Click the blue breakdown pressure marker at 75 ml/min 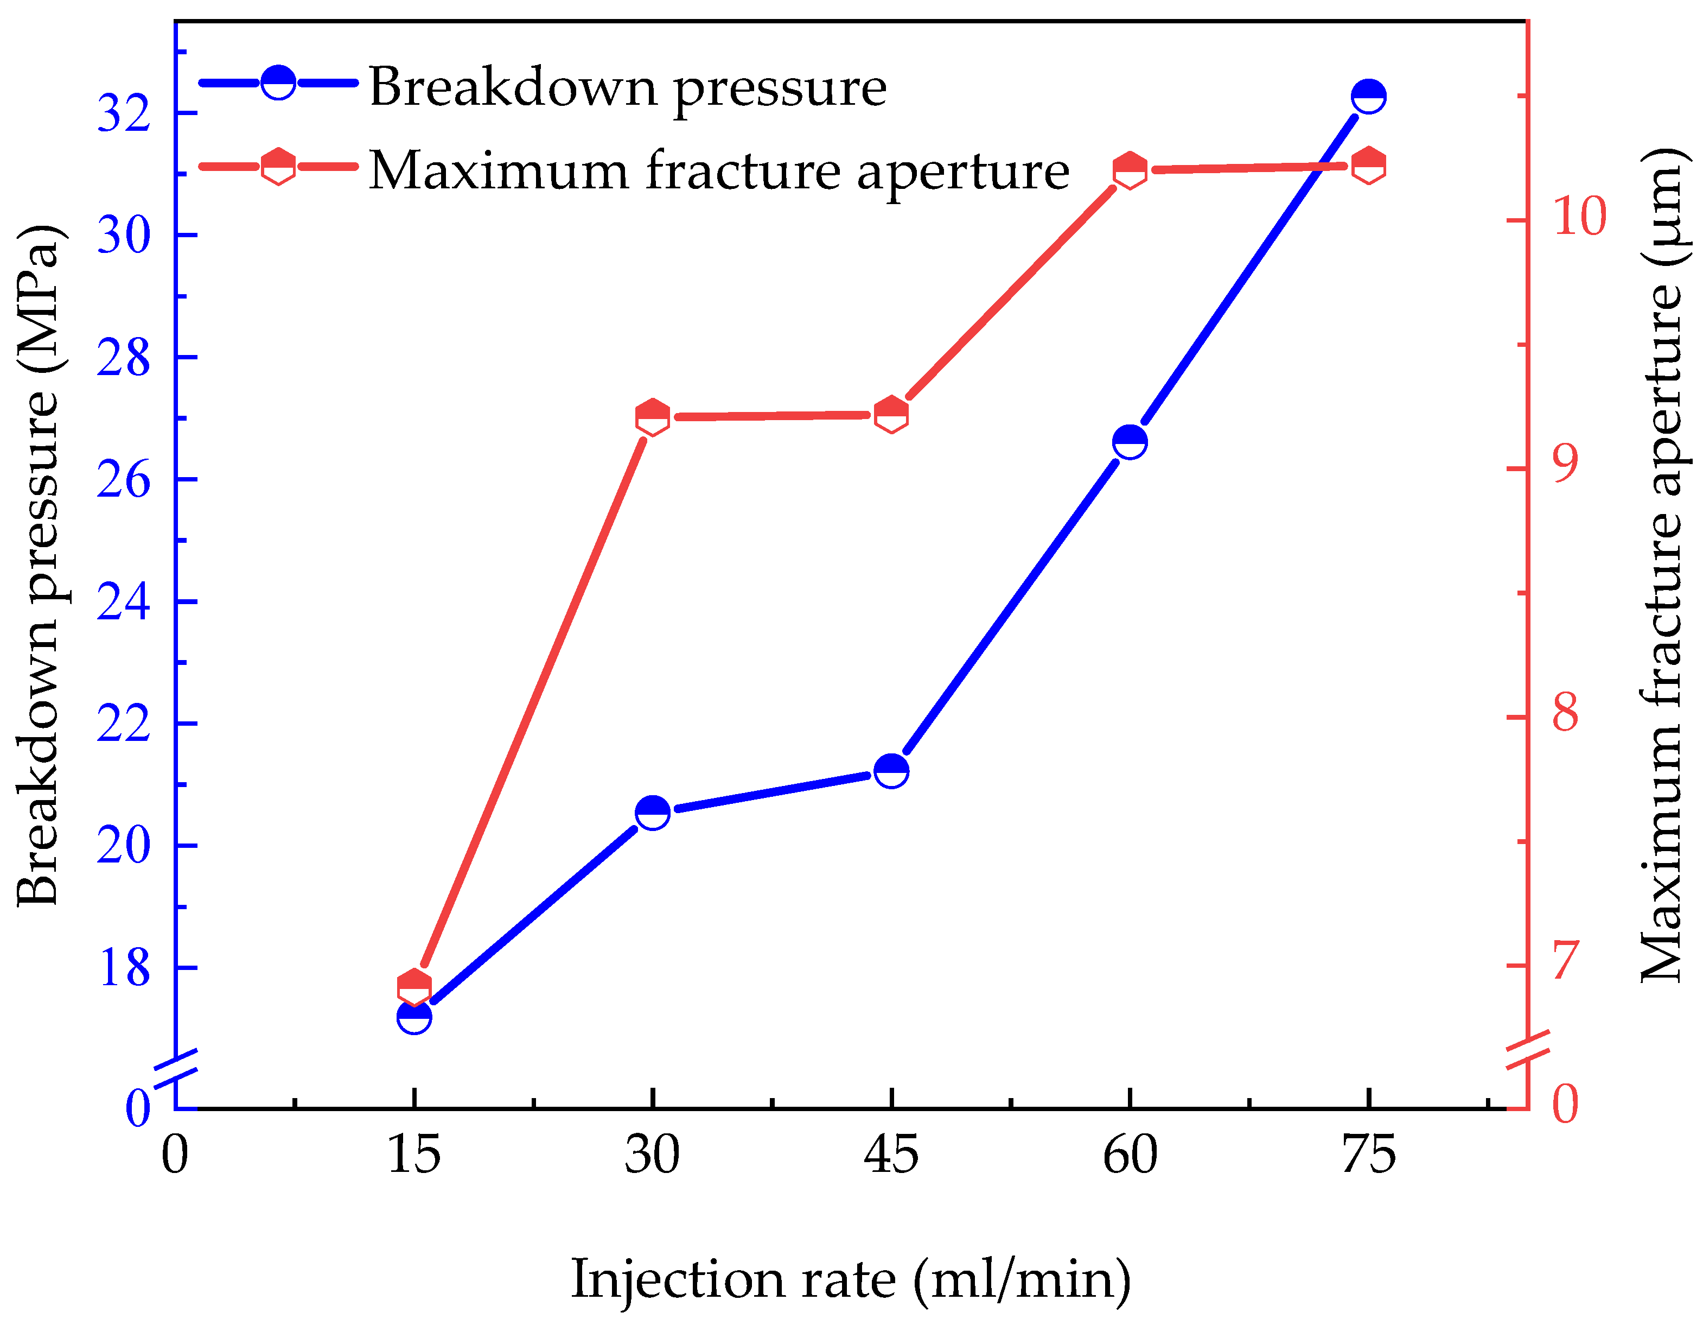point(1368,97)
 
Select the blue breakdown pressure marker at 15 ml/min point(414,1016)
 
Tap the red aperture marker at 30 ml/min point(653,418)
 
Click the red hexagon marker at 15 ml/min point(414,987)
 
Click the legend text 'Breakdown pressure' point(628,87)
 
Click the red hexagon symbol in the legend point(278,166)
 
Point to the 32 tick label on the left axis point(123,113)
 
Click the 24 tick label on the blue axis point(123,602)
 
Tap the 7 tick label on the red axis point(1565,960)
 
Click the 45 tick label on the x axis point(891,1155)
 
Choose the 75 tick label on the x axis point(1368,1155)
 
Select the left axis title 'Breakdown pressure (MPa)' point(37,566)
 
